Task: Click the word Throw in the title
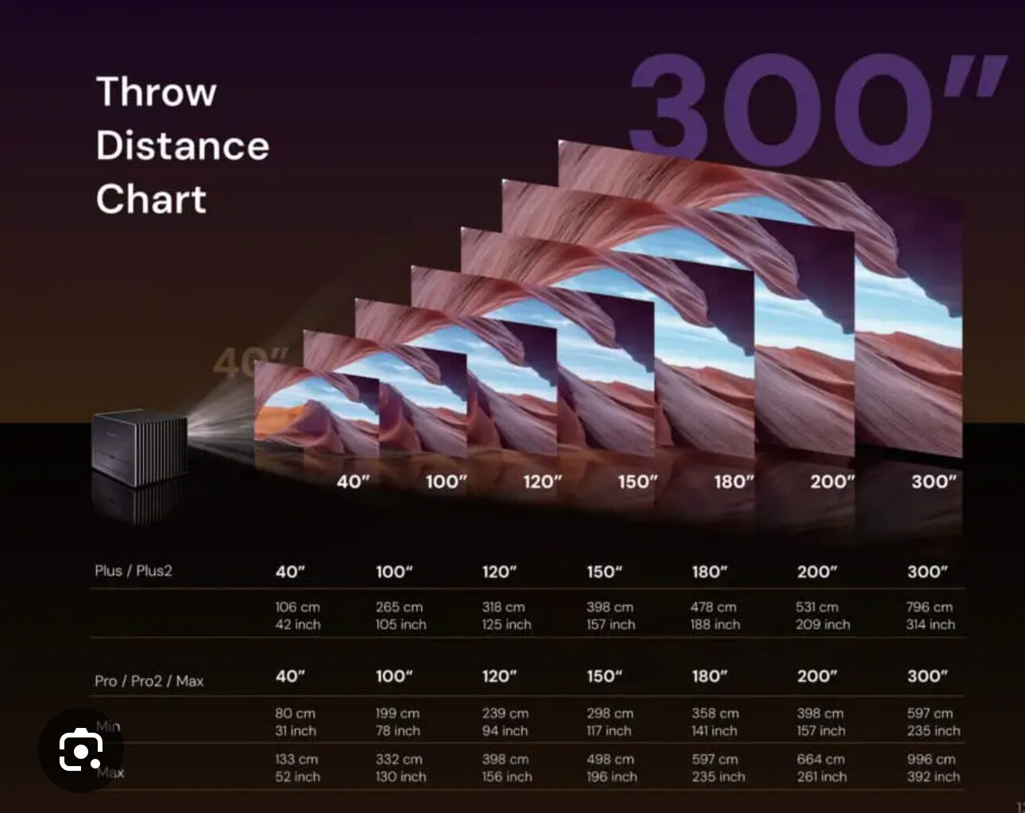[157, 91]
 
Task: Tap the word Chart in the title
[151, 199]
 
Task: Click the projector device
[140, 448]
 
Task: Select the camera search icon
[81, 749]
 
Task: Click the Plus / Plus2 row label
[133, 571]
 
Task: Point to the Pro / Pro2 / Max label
[149, 681]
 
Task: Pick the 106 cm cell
[298, 607]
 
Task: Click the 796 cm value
[930, 607]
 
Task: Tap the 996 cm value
[931, 759]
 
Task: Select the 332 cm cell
[399, 759]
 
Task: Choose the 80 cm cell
[295, 714]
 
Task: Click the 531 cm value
[817, 607]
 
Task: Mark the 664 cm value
[821, 759]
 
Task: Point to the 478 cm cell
[714, 607]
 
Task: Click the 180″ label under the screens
[734, 482]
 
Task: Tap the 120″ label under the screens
[543, 482]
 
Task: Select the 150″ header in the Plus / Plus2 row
[605, 571]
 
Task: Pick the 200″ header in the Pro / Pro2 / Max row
[817, 676]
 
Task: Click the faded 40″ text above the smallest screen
[251, 362]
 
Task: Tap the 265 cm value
[399, 607]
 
